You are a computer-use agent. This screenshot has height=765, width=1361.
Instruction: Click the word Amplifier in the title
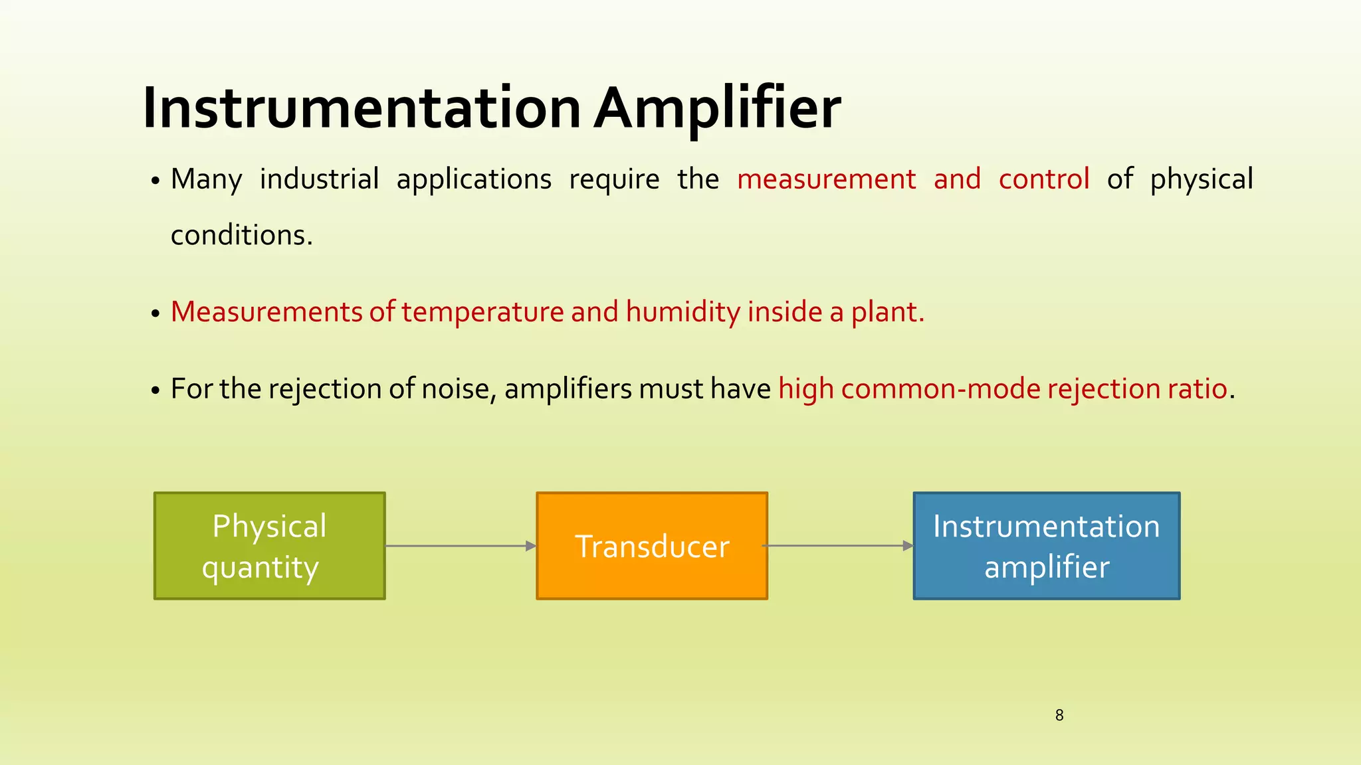pos(718,108)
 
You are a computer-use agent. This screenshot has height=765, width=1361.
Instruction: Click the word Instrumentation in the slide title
pos(362,108)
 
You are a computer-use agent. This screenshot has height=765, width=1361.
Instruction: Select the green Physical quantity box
pos(269,546)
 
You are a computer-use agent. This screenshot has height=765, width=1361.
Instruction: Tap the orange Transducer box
pos(652,546)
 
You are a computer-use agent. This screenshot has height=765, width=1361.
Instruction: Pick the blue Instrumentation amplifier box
pos(1047,546)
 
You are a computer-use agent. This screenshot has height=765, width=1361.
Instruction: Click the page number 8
pos(1059,715)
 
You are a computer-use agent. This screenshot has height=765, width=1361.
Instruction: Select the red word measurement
pos(826,179)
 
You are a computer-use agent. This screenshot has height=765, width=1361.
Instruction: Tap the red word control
pos(1043,179)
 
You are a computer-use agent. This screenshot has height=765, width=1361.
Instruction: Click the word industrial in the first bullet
pos(319,179)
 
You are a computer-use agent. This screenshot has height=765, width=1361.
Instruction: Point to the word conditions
pos(241,235)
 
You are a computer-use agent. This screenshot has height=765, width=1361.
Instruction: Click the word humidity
pos(683,312)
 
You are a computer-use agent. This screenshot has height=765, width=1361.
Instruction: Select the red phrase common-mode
pos(940,389)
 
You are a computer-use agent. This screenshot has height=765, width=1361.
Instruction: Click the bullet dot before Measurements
pos(155,314)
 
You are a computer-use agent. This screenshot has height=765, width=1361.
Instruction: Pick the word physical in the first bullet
pos(1202,179)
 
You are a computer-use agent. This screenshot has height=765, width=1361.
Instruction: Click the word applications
pos(474,179)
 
